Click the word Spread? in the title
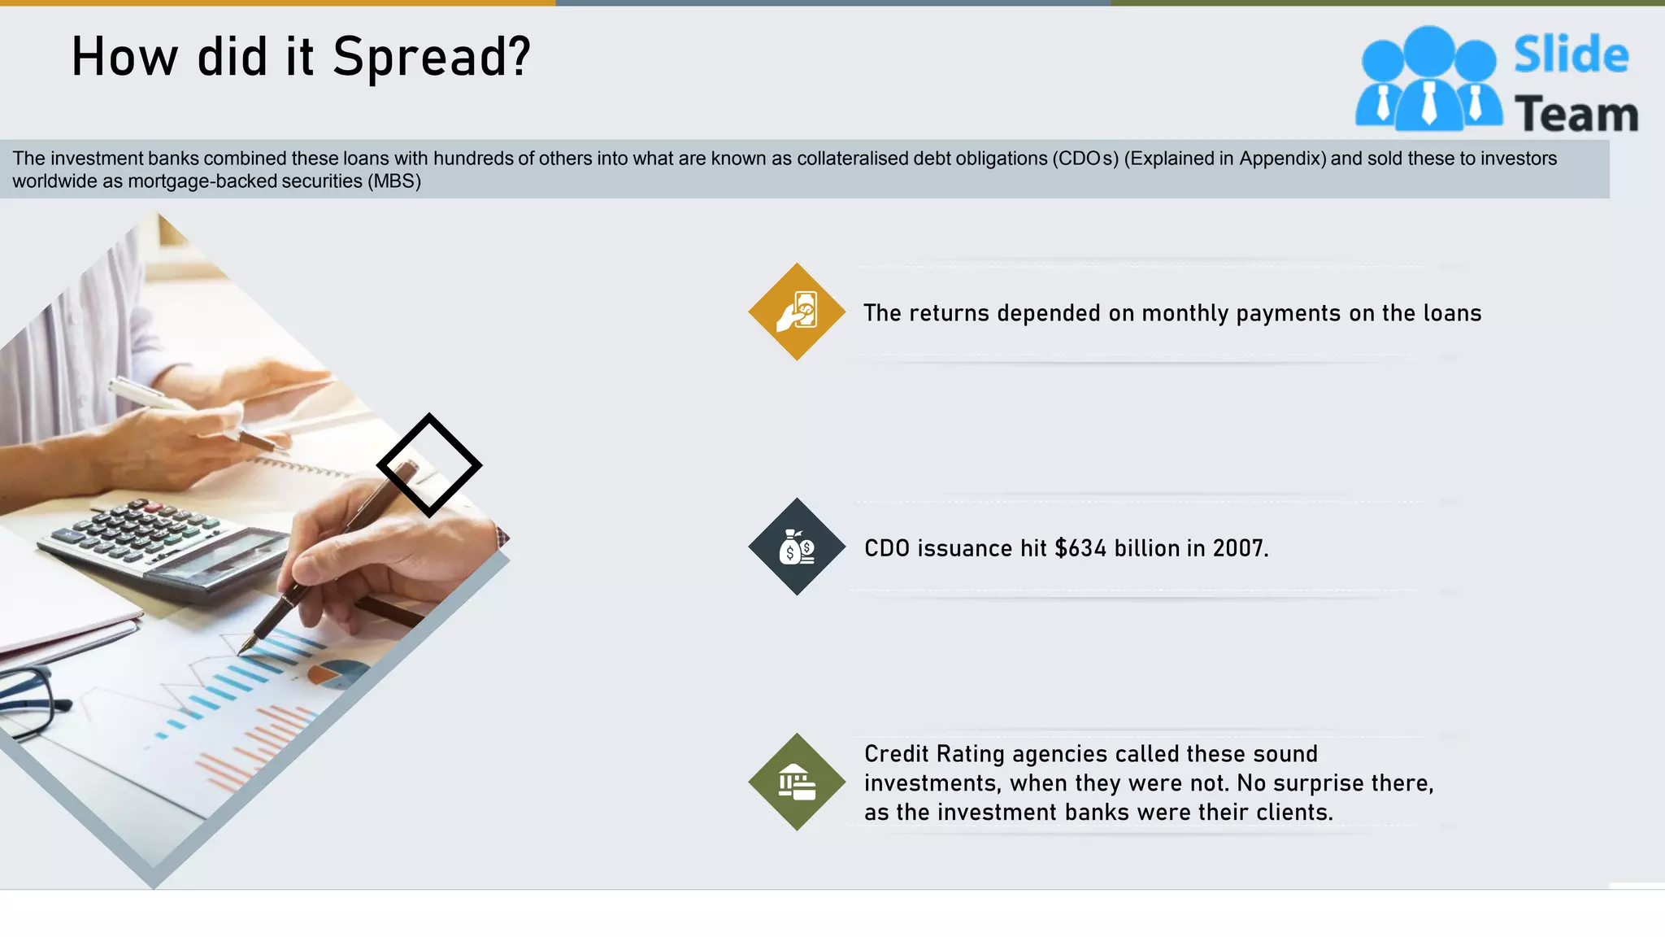click(x=431, y=59)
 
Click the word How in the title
click(x=124, y=59)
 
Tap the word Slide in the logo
click(x=1571, y=55)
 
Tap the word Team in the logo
click(x=1576, y=114)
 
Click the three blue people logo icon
click(x=1428, y=80)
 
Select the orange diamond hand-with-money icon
click(x=797, y=312)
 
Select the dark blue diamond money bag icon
click(x=797, y=547)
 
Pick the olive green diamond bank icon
click(x=797, y=782)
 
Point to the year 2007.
click(x=1239, y=549)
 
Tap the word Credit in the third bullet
click(x=896, y=754)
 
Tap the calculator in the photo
click(x=163, y=545)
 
